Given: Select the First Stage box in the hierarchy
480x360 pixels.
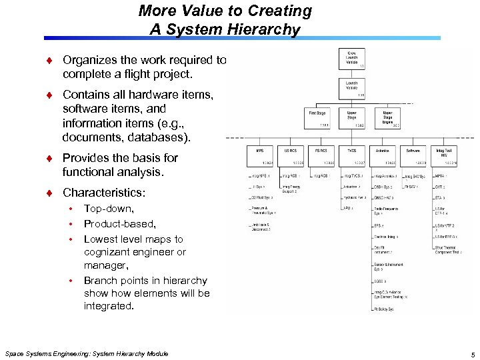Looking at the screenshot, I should click(317, 118).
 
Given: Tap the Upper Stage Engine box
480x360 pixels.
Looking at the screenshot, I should click(387, 118).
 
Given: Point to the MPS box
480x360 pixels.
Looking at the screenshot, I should click(259, 155).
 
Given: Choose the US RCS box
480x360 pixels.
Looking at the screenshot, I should click(291, 155).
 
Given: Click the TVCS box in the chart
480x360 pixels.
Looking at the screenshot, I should click(351, 155).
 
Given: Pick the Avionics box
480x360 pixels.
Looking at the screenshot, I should click(383, 155).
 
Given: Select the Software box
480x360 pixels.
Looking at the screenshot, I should click(413, 155).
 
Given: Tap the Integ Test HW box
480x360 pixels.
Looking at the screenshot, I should click(444, 155).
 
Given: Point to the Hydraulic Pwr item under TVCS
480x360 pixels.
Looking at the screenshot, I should click(354, 197).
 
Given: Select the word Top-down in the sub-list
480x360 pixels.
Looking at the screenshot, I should click(109, 209).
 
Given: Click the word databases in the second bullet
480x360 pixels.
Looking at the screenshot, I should click(163, 137).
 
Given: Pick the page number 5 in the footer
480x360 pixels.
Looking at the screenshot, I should click(471, 354).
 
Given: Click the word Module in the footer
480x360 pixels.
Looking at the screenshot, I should click(154, 353).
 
